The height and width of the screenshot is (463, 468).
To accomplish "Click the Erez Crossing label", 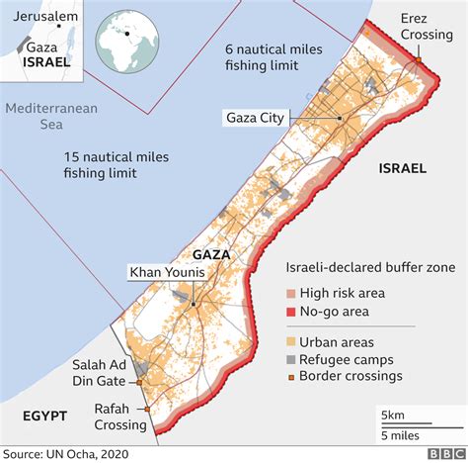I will pyautogui.click(x=427, y=27).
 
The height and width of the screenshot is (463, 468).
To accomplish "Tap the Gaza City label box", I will pyautogui.click(x=257, y=119).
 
